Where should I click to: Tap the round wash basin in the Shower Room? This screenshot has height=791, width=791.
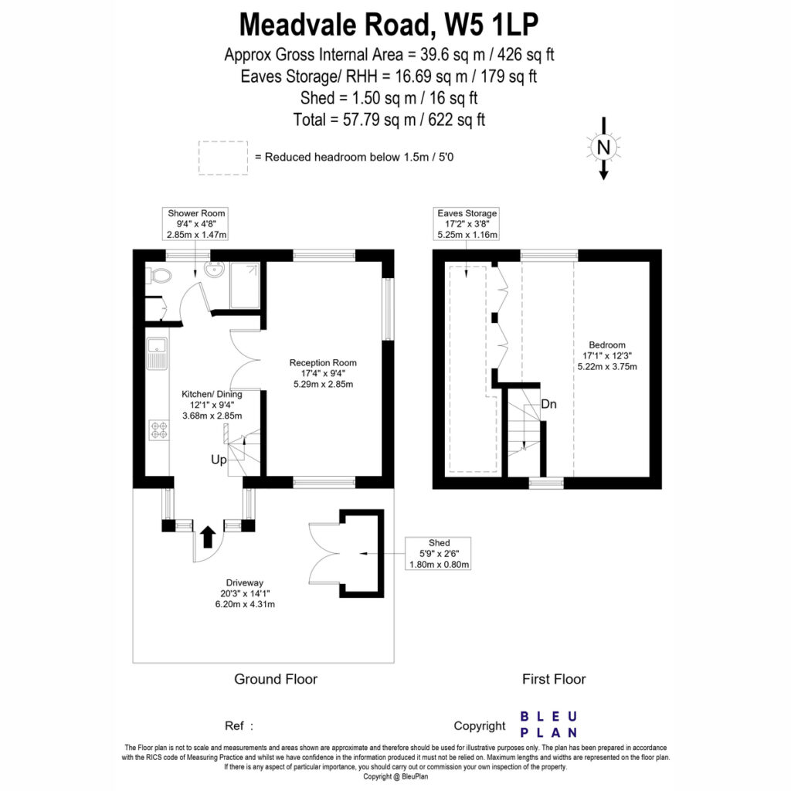point(216,270)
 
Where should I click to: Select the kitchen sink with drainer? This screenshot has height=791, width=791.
point(157,353)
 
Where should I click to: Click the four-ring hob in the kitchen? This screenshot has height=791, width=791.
point(159,429)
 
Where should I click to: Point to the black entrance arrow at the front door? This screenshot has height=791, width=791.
point(207,537)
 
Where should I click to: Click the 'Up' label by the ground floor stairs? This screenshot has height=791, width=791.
point(219,460)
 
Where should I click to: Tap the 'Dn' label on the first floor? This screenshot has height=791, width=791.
point(548,404)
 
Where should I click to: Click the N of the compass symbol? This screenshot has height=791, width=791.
point(603,148)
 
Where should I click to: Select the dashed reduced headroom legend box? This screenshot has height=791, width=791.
point(223,158)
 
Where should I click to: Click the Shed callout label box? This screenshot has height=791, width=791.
point(438,553)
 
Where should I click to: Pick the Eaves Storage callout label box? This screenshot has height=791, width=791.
point(467,223)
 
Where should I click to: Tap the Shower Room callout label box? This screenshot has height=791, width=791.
point(195,223)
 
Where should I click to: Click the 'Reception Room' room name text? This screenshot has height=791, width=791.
point(323,363)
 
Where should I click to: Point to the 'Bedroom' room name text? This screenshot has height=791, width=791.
point(607,345)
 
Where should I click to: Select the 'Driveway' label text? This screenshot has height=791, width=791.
point(245,582)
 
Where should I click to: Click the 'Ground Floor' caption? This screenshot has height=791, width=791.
point(276,679)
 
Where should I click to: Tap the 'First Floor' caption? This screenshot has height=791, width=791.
point(554,679)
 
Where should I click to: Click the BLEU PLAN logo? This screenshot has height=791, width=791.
point(549,725)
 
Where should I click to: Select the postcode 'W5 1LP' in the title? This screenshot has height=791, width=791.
point(491,24)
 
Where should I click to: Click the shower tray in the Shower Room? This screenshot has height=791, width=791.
point(245,285)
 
